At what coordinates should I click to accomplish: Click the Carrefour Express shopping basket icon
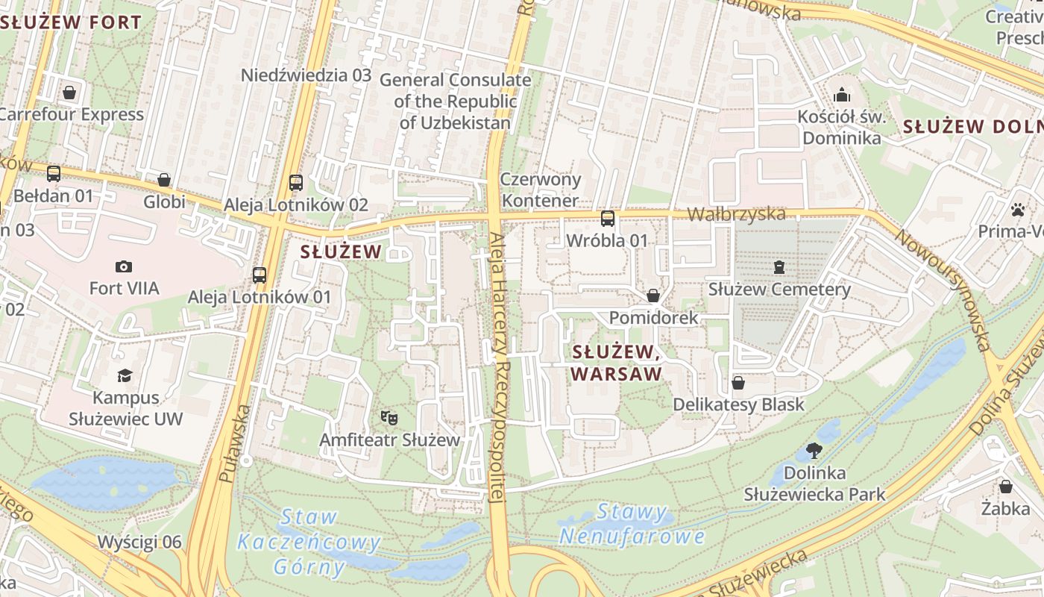(69, 93)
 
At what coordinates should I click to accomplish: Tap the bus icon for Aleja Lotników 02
(296, 182)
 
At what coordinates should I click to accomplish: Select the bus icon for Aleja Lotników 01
(259, 275)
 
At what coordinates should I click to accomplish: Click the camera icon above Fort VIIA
(124, 266)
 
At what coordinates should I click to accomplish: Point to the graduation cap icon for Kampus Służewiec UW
(125, 375)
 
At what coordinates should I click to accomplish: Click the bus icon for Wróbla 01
(608, 219)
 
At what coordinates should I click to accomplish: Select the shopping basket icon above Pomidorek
(653, 296)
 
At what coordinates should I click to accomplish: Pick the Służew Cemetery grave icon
(779, 266)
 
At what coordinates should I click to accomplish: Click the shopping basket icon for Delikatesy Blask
(738, 383)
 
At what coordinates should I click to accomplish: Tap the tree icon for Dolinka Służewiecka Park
(814, 451)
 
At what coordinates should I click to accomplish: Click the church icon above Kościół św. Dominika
(842, 94)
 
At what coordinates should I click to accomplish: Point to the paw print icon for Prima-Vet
(1019, 209)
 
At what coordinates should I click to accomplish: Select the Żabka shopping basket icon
(1006, 487)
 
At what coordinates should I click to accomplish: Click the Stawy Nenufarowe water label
(632, 524)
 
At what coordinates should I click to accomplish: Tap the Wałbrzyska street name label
(735, 214)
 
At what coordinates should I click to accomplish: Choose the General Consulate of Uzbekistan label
(455, 101)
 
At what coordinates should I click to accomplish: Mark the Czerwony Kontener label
(540, 190)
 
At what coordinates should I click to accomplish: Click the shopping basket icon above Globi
(164, 180)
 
